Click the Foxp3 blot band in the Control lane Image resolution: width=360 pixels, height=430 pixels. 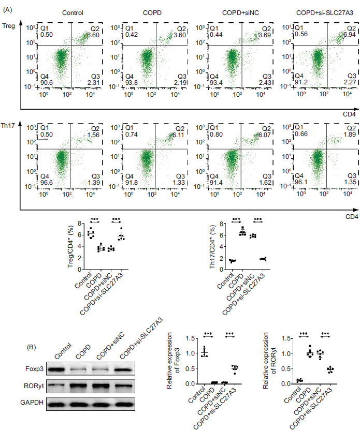click(65, 370)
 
